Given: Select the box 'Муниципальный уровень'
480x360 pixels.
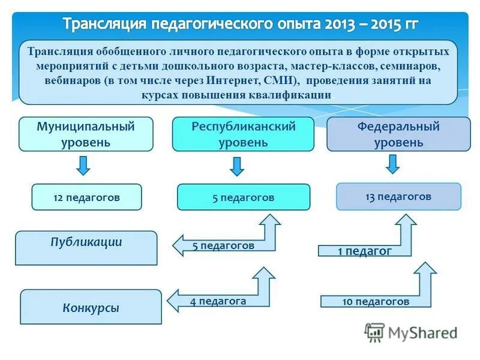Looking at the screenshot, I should [x=86, y=134].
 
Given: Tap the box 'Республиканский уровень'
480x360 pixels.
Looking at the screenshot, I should [x=243, y=134].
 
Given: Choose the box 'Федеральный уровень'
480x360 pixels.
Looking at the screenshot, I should [x=398, y=134].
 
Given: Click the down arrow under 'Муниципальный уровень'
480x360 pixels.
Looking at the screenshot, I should [x=83, y=164].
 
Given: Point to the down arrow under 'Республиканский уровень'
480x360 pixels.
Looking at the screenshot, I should [x=238, y=165].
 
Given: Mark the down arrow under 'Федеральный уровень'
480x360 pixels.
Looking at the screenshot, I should [x=392, y=163].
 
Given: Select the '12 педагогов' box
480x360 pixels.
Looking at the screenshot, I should [x=86, y=197].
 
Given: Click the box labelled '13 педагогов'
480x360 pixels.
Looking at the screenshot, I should [x=398, y=196].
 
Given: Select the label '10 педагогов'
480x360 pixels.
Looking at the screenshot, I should [x=376, y=301].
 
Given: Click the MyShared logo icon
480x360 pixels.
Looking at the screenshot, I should [x=375, y=332].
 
